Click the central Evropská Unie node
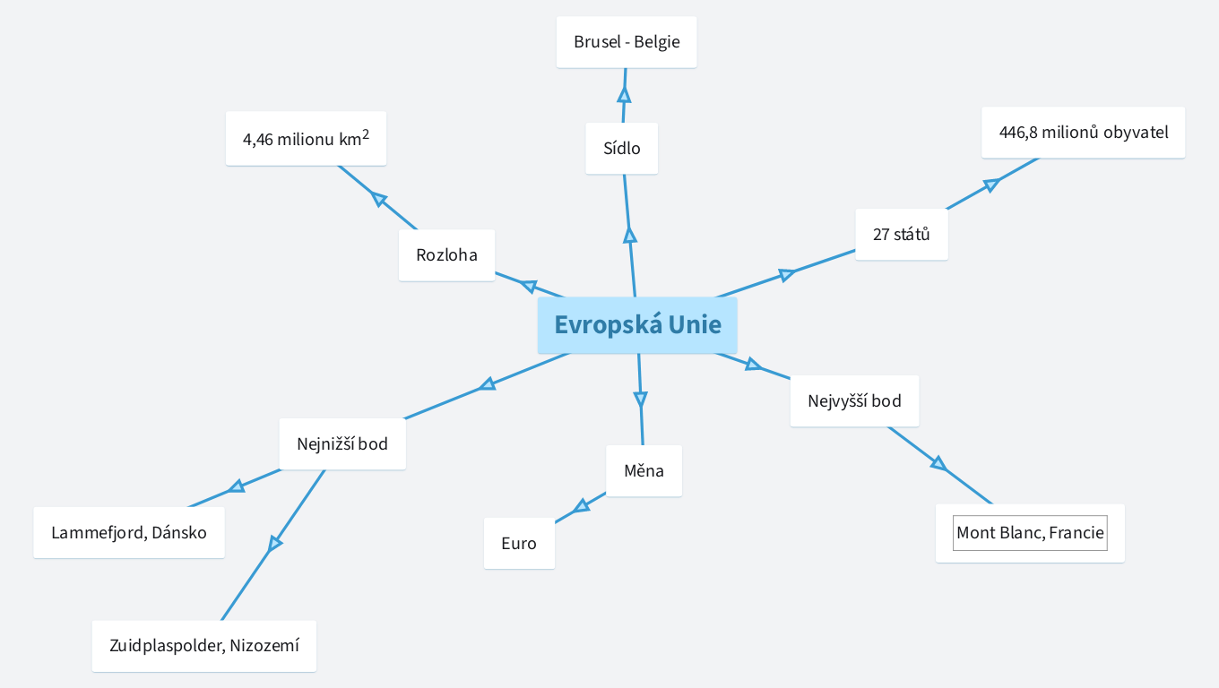tap(637, 324)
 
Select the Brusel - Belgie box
tap(627, 42)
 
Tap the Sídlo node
tap(622, 149)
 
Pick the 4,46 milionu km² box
tap(306, 139)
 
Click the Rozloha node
tap(446, 255)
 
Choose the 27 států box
tap(901, 235)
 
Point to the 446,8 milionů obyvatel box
tap(1083, 133)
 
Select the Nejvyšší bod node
tap(854, 400)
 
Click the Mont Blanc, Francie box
tap(1030, 533)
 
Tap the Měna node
tap(644, 470)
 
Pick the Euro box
tap(519, 543)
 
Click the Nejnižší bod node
tap(342, 443)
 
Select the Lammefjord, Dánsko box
tap(129, 533)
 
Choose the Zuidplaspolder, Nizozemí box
tap(204, 646)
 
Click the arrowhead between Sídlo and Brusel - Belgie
tap(624, 94)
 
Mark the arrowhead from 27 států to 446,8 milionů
tap(990, 185)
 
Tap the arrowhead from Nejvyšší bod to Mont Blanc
tap(938, 463)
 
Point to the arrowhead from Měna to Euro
tap(582, 506)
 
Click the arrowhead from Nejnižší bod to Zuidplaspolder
tap(275, 543)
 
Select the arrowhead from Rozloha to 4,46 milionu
tap(378, 199)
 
